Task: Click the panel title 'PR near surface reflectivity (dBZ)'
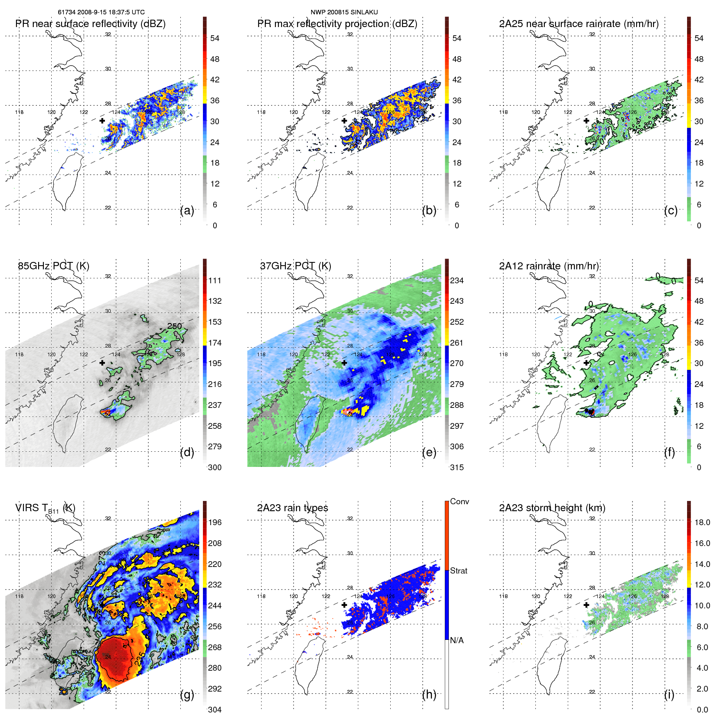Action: pyautogui.click(x=90, y=24)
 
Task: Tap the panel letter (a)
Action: pyautogui.click(x=187, y=210)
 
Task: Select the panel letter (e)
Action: pyautogui.click(x=429, y=452)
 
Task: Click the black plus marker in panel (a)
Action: pyautogui.click(x=102, y=121)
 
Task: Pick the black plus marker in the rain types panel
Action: pyautogui.click(x=344, y=605)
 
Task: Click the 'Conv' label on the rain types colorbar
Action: pyautogui.click(x=459, y=501)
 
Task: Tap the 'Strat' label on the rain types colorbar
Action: pyautogui.click(x=458, y=571)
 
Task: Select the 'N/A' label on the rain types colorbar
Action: pyautogui.click(x=457, y=640)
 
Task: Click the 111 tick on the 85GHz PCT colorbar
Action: pyautogui.click(x=214, y=280)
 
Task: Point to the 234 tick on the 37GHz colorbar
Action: pyautogui.click(x=457, y=280)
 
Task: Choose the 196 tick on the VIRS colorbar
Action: pyautogui.click(x=214, y=522)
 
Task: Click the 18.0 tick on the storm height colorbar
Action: pyautogui.click(x=702, y=522)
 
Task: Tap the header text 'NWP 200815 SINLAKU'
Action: pyautogui.click(x=344, y=12)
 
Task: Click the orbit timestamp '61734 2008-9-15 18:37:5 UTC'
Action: pyautogui.click(x=101, y=12)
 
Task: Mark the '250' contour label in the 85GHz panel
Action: pyautogui.click(x=174, y=326)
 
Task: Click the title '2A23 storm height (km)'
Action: pyautogui.click(x=552, y=508)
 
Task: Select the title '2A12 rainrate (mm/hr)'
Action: pyautogui.click(x=549, y=266)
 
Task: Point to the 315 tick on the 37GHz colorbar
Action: pyautogui.click(x=457, y=467)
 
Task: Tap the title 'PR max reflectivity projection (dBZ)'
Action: pyautogui.click(x=337, y=24)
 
